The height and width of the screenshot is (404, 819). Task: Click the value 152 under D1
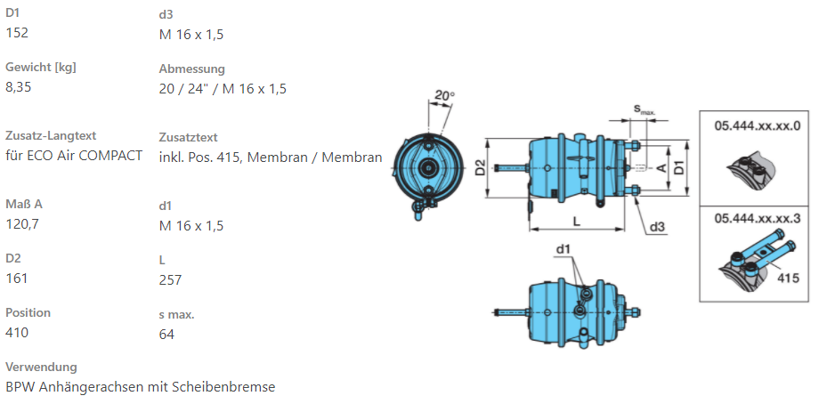[17, 33]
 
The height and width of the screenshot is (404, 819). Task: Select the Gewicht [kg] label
[40, 68]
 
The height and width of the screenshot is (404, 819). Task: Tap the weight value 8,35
[20, 87]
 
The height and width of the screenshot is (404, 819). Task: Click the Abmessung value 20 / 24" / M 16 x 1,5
[223, 88]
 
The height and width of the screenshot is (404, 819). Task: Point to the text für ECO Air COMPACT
[74, 156]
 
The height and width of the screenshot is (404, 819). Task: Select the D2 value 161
[17, 278]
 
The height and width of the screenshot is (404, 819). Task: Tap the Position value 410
[17, 332]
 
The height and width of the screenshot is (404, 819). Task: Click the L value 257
[170, 279]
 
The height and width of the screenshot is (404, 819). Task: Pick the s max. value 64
[166, 334]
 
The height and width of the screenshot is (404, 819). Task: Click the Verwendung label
[41, 367]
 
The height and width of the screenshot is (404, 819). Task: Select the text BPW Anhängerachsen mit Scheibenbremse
[141, 386]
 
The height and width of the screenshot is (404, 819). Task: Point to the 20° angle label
[444, 96]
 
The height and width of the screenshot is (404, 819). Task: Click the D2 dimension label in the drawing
[479, 166]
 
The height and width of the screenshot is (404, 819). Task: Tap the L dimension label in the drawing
[576, 220]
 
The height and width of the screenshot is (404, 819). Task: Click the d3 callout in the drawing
[657, 226]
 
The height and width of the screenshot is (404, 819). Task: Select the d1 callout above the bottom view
[563, 248]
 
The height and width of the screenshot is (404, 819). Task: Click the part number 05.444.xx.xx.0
[757, 126]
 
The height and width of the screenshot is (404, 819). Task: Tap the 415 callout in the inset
[788, 278]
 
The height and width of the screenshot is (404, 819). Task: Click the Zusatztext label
[188, 137]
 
